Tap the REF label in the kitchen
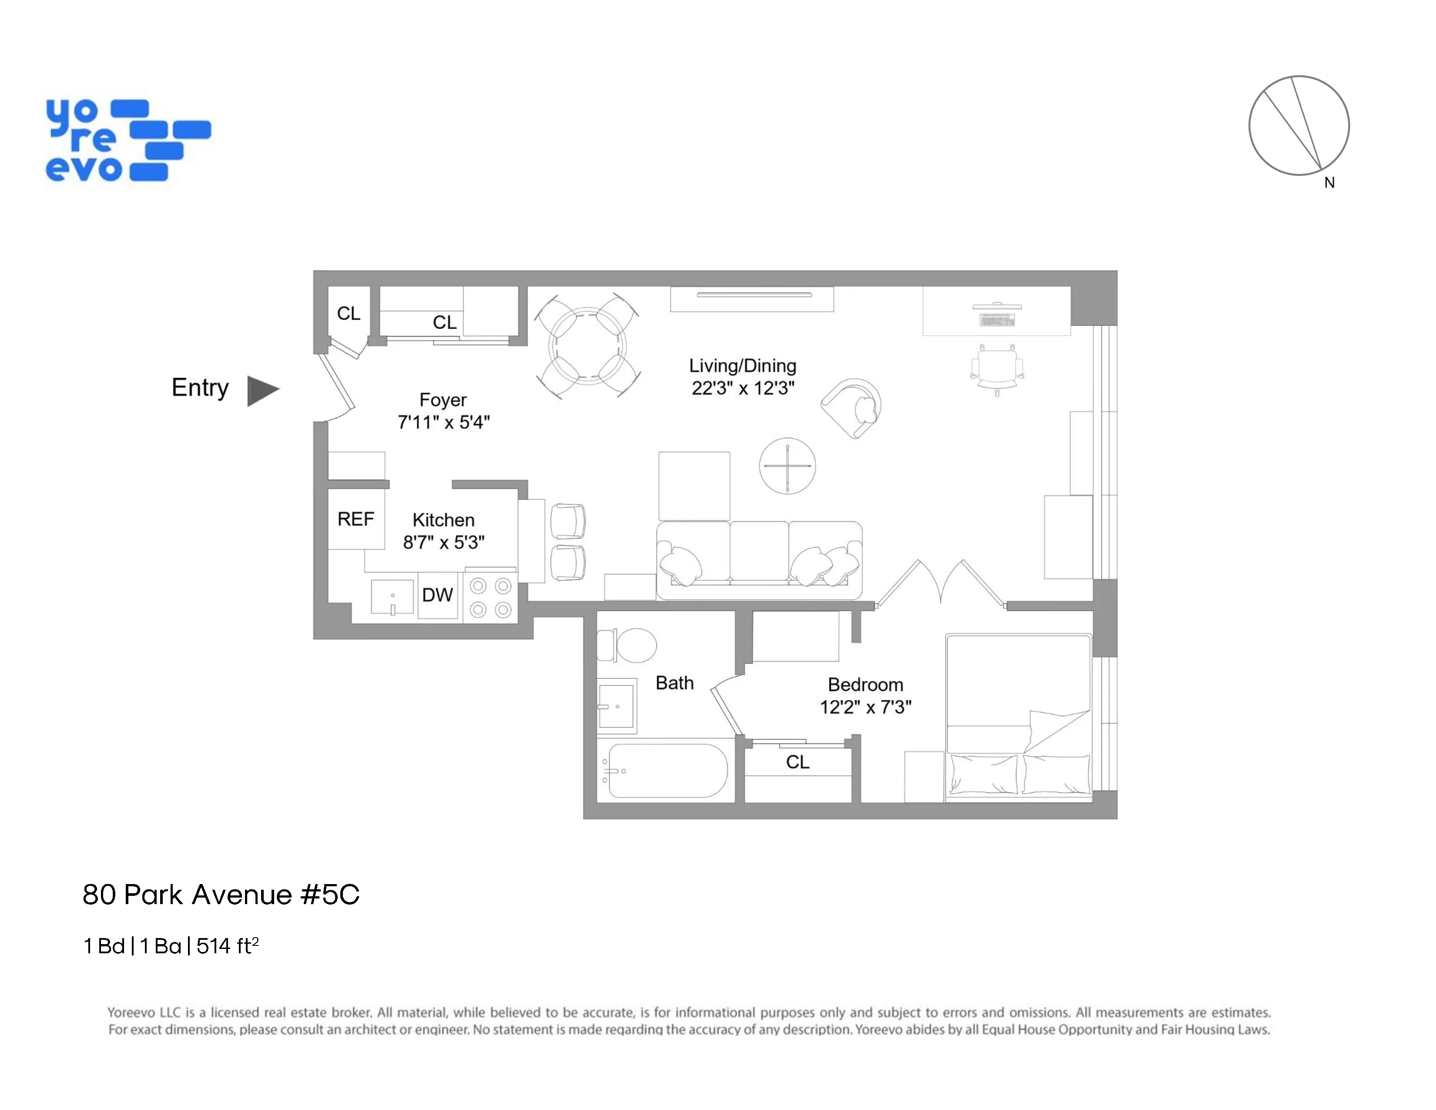click(x=355, y=519)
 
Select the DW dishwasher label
click(x=437, y=595)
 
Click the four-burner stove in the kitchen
click(x=490, y=598)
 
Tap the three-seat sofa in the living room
click(x=759, y=559)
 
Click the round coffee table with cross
click(x=787, y=466)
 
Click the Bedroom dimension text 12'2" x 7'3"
click(x=865, y=707)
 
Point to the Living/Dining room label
click(x=742, y=366)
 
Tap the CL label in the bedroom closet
click(x=798, y=762)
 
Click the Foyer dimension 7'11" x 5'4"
click(x=444, y=422)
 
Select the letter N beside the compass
click(x=1329, y=183)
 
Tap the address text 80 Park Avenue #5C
click(x=221, y=895)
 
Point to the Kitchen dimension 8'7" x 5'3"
click(x=444, y=542)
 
